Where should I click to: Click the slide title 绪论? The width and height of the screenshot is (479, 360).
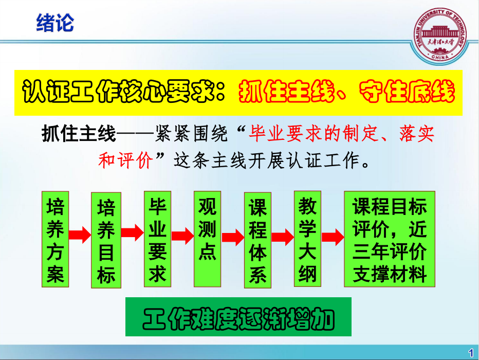click(55, 23)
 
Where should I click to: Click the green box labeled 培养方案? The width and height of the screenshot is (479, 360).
click(56, 239)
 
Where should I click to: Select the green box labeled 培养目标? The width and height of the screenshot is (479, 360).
click(106, 240)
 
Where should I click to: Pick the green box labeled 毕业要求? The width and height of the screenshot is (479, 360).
click(157, 239)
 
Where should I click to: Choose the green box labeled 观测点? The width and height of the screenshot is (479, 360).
click(208, 239)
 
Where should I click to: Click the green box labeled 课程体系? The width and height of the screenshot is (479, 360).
click(258, 240)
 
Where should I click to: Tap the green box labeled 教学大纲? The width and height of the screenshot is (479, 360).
click(307, 239)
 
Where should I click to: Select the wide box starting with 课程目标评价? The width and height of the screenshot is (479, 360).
click(390, 239)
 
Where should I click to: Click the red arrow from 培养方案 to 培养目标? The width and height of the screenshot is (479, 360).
click(80, 235)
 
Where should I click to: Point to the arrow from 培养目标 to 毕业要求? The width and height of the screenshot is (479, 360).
click(132, 232)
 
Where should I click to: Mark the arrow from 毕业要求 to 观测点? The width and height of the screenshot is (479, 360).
click(182, 236)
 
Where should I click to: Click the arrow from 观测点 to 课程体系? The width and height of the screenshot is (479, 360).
click(233, 238)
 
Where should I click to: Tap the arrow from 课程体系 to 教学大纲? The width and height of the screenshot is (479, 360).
click(283, 237)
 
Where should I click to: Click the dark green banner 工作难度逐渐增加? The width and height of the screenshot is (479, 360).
click(238, 317)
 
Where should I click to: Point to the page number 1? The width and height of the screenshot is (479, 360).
click(471, 353)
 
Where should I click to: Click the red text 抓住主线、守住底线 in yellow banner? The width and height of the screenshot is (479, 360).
click(346, 92)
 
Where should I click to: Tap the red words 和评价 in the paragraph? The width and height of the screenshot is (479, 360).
click(125, 160)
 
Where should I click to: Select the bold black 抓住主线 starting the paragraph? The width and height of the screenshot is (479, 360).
click(79, 134)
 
